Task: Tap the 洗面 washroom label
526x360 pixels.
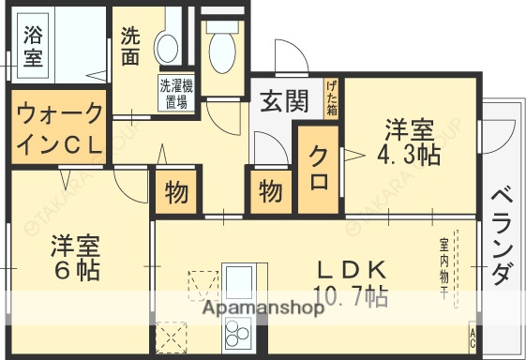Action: (x=130, y=46)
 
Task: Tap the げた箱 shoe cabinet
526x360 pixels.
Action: (x=331, y=97)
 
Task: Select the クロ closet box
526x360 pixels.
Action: (x=317, y=179)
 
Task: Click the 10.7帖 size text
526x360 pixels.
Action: (x=352, y=298)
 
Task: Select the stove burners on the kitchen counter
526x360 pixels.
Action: (x=238, y=332)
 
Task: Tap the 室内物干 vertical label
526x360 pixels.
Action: (x=443, y=268)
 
